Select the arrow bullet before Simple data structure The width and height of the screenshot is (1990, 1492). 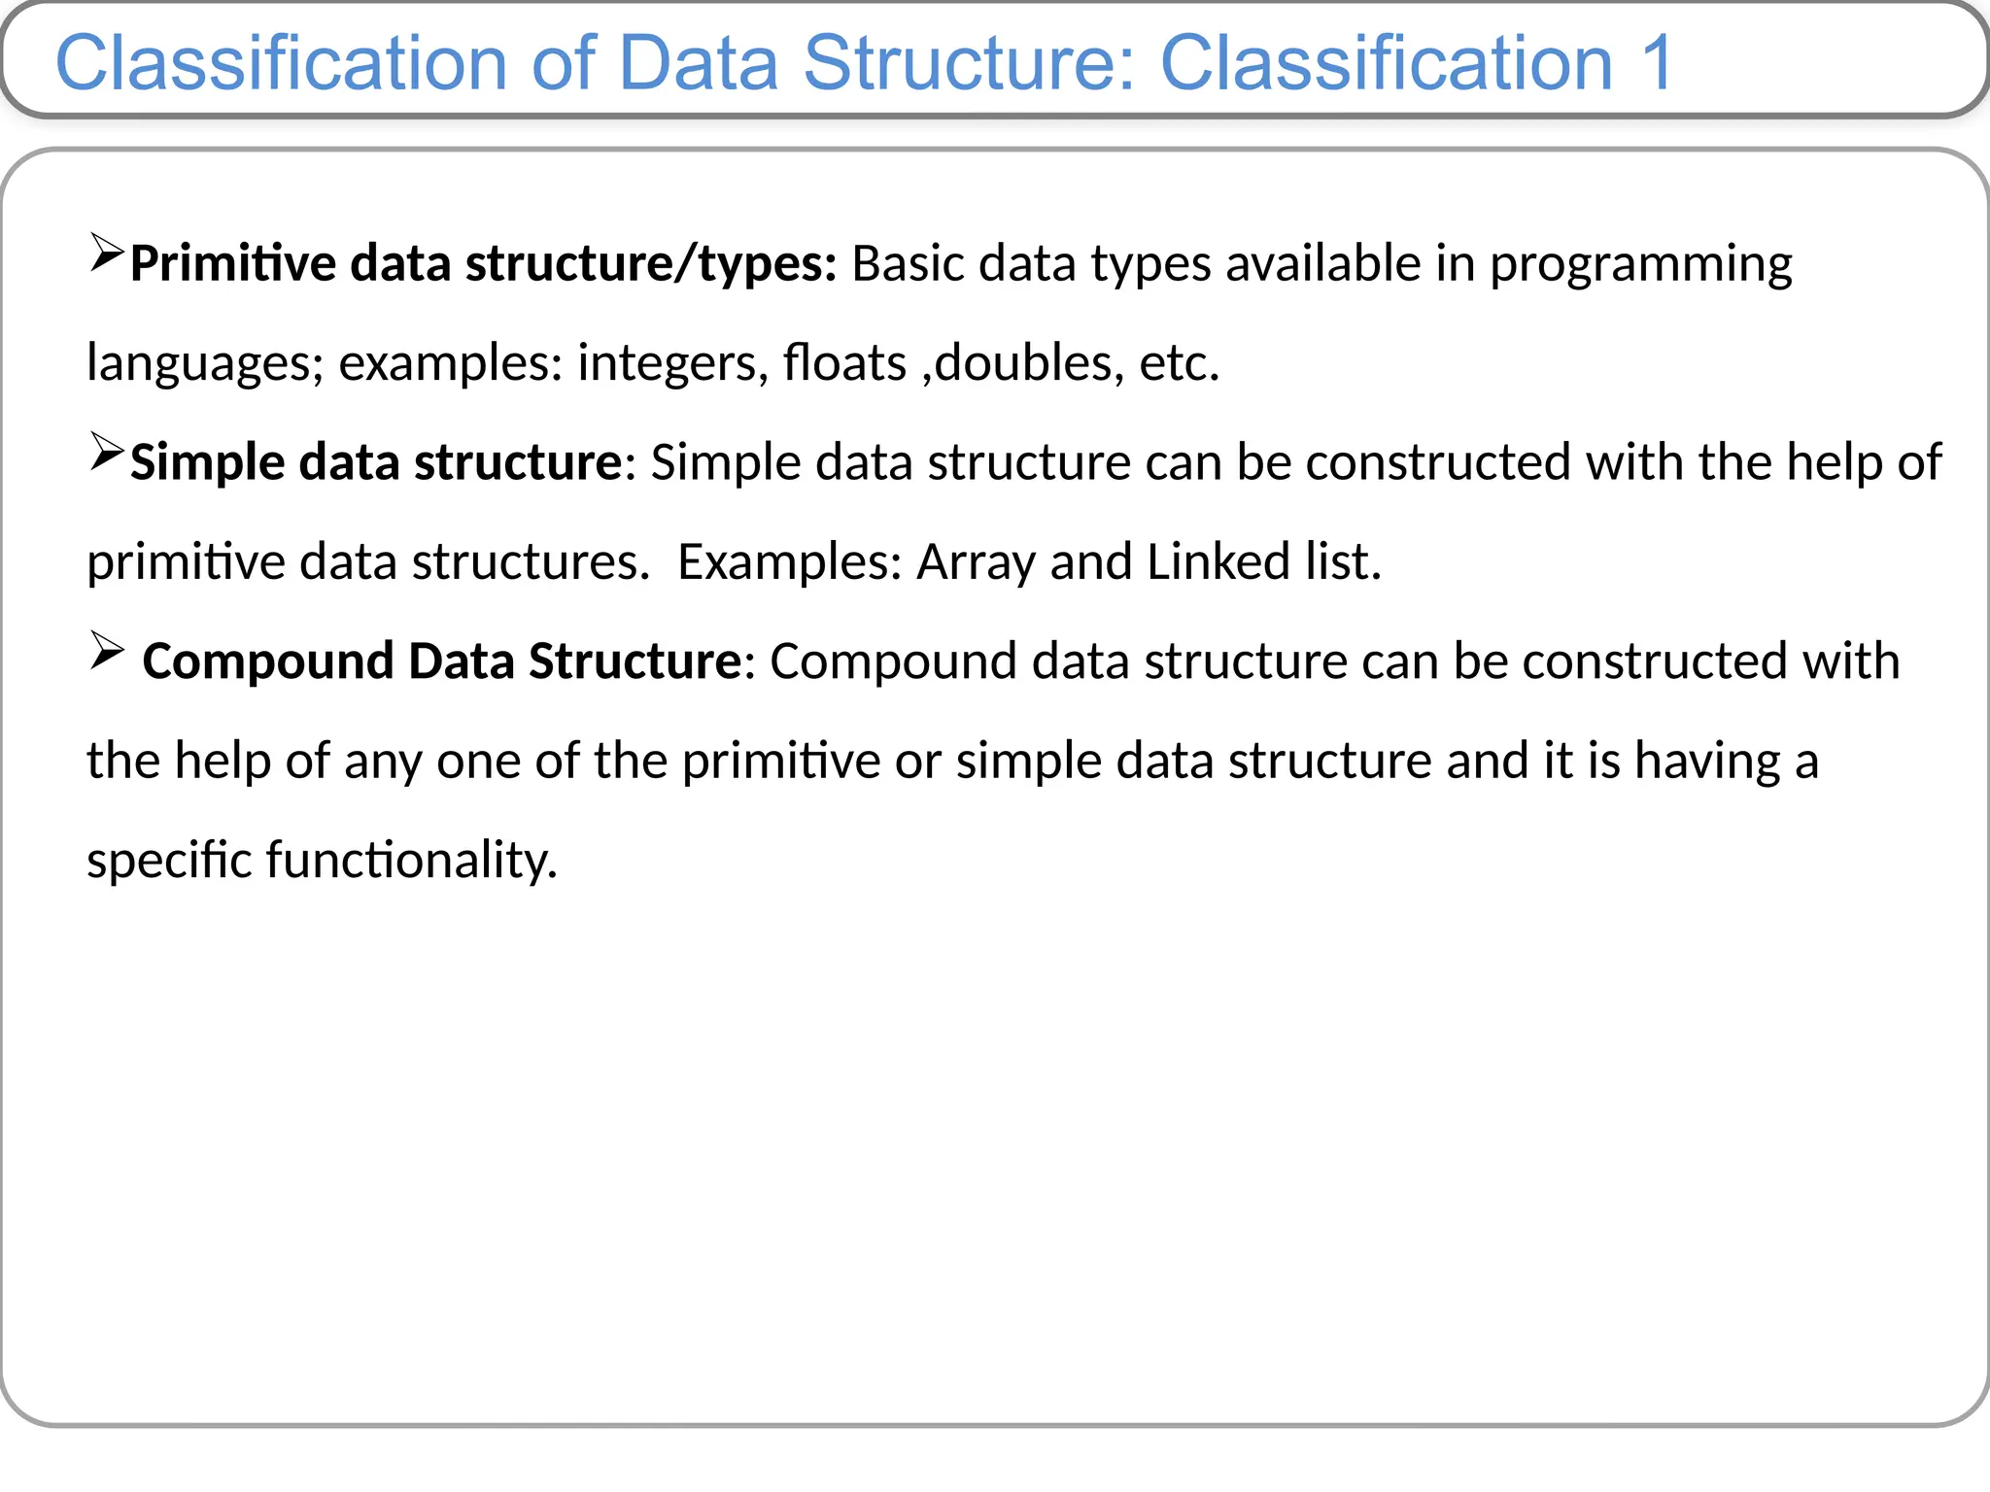[x=106, y=452]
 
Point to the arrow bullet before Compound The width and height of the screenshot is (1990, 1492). [x=106, y=650]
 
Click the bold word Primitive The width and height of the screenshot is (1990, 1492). [x=233, y=264]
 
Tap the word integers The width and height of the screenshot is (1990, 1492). [x=666, y=363]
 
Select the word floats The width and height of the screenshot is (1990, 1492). [x=844, y=363]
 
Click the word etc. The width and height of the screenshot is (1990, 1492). [x=1179, y=363]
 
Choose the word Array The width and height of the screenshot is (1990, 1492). [x=976, y=562]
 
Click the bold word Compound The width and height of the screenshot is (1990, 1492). [x=267, y=661]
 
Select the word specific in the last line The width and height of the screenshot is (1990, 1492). [x=169, y=861]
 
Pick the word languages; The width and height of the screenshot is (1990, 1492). [x=205, y=363]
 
